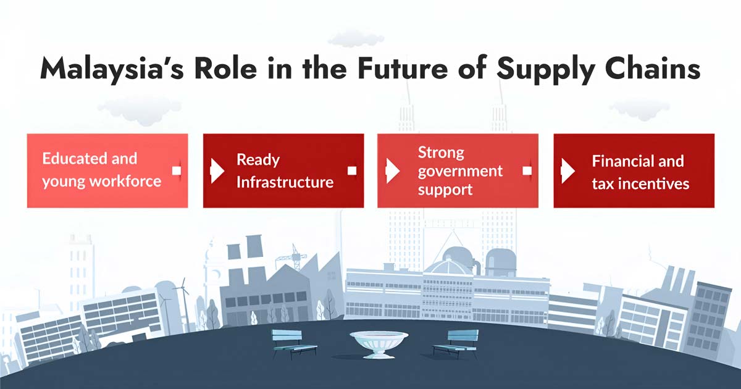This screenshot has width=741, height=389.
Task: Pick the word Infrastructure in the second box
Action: [285, 182]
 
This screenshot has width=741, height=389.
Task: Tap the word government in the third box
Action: [460, 170]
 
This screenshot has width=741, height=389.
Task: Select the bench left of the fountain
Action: [295, 343]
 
